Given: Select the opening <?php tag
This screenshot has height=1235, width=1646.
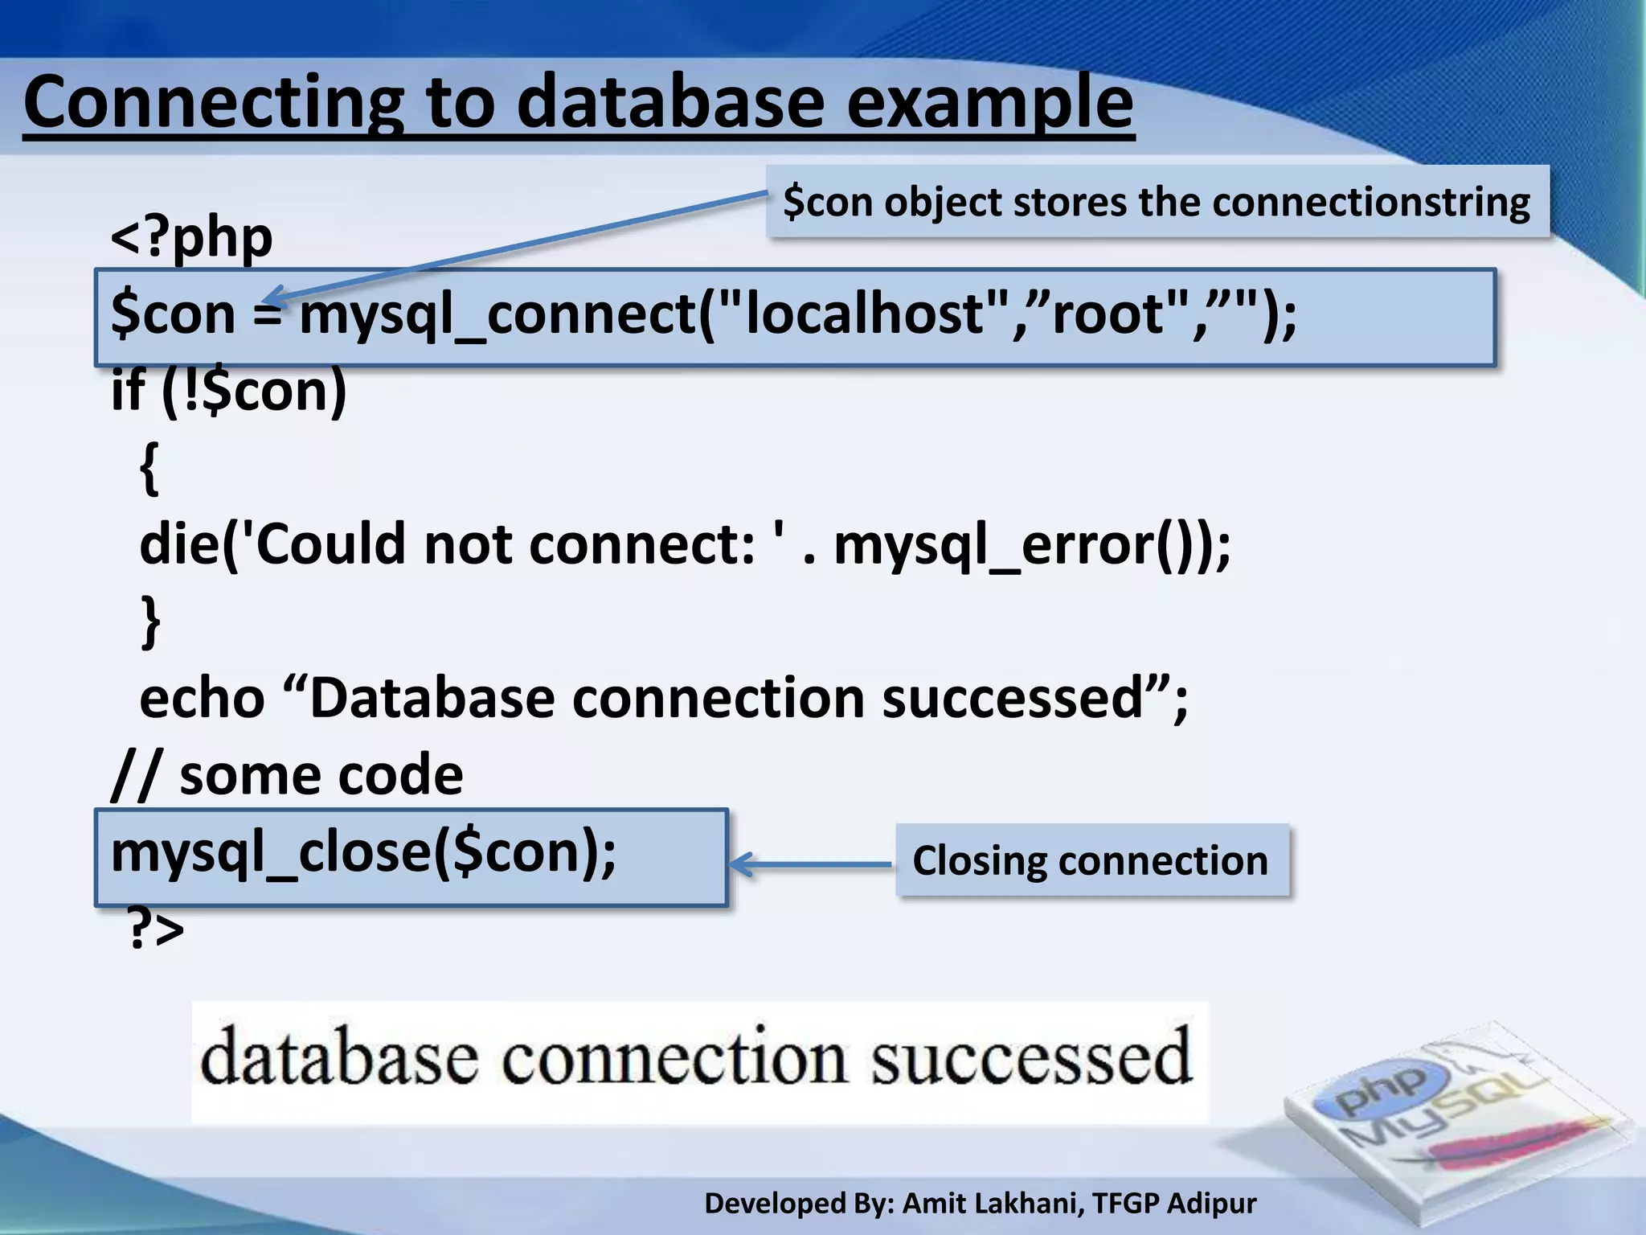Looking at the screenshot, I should coord(191,237).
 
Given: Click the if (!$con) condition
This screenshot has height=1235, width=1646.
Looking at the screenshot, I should coord(229,391).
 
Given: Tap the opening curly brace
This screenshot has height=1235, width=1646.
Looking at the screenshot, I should coord(149,468).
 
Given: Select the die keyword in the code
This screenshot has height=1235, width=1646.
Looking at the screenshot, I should coord(178,544).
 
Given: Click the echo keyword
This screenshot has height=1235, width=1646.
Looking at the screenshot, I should coord(202,697).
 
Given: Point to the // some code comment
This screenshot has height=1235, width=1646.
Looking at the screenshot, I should coord(287,775).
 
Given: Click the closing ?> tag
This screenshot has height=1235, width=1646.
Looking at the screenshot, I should coord(156,929).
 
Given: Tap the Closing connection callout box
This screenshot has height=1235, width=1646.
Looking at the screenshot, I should coord(1091,860).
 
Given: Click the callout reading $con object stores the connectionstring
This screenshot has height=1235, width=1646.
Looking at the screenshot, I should coord(1157,201).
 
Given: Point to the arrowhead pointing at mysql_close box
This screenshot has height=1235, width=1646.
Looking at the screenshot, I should coord(740,864).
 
